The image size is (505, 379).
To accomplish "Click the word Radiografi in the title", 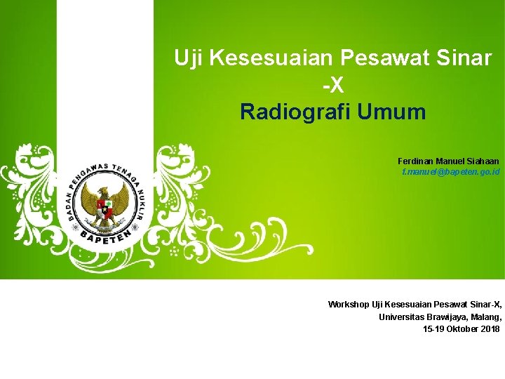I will (x=295, y=112).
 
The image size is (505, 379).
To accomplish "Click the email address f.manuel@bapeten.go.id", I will (x=450, y=172).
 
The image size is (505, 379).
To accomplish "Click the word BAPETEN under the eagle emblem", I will (x=105, y=239).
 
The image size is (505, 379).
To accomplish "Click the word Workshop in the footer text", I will (x=348, y=305).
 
